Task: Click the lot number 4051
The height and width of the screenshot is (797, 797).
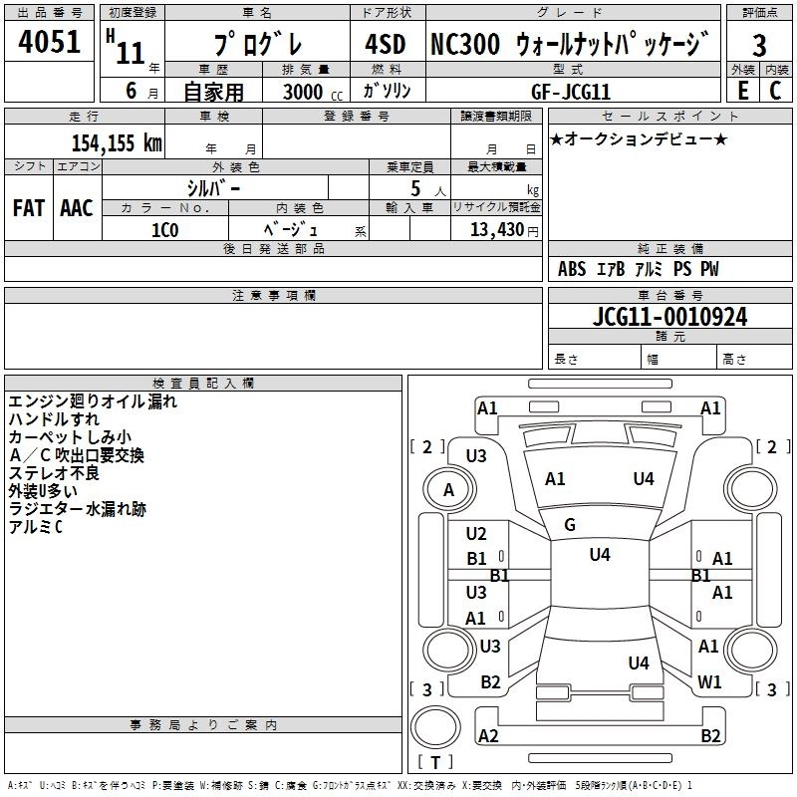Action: [49, 44]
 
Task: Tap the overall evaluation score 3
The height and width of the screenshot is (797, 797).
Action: [759, 45]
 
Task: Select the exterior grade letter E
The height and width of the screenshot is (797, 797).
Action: [742, 90]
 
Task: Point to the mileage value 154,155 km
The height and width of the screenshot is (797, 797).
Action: [117, 142]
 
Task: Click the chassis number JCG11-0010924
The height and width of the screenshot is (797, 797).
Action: [669, 317]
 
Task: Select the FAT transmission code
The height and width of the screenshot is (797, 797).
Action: [29, 208]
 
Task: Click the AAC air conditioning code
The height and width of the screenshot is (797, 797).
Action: [76, 208]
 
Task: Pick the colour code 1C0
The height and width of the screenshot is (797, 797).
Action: [164, 229]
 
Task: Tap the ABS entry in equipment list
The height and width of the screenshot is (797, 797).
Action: [572, 269]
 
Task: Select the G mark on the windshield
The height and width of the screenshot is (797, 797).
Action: [570, 525]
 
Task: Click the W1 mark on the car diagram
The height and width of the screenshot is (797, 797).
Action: [709, 682]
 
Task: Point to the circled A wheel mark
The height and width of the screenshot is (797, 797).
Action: [448, 490]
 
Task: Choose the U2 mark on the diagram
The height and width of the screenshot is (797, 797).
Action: [476, 534]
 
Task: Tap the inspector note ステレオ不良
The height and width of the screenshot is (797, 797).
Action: [54, 474]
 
